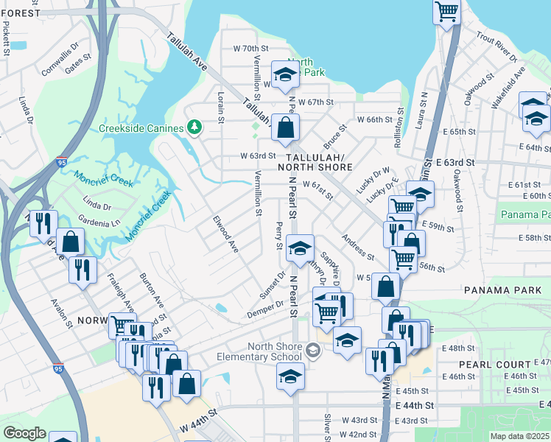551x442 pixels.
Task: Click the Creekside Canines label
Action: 140,128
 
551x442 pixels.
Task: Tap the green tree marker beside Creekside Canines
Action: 194,128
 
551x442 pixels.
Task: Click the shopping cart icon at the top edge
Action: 446,12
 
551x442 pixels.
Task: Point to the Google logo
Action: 24,433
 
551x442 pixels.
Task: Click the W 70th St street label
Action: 248,49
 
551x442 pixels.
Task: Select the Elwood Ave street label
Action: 226,234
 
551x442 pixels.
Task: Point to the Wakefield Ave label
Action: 508,83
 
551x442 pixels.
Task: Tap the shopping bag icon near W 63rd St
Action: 285,127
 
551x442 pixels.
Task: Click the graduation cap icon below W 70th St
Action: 284,74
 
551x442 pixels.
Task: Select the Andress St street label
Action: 358,247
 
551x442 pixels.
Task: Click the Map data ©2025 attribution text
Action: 520,436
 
